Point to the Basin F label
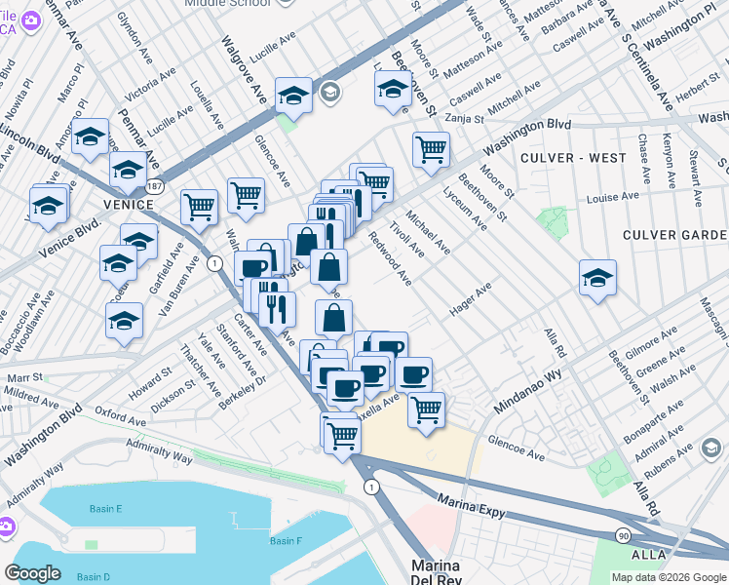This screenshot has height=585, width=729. click(286, 541)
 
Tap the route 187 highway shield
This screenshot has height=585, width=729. click(154, 184)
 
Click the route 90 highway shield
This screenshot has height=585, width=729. click(622, 535)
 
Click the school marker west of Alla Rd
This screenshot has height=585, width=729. click(597, 278)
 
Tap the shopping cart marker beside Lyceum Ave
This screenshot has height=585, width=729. click(430, 150)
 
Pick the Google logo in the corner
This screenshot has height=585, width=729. click(32, 573)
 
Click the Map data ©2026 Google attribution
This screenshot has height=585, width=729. click(668, 577)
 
